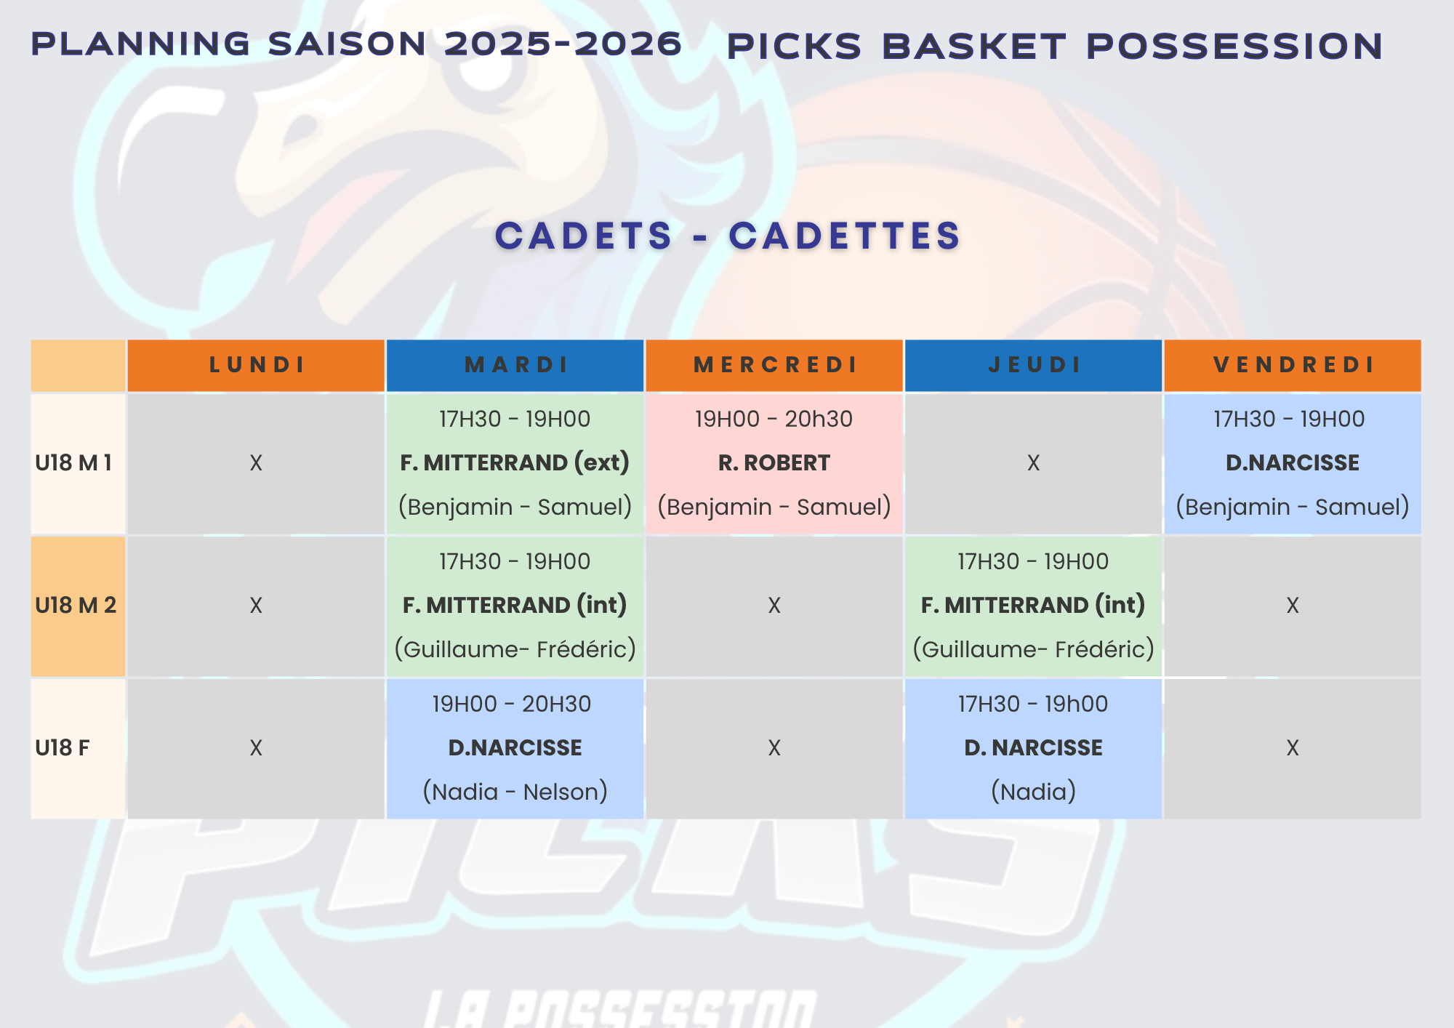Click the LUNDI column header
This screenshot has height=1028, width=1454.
tap(257, 365)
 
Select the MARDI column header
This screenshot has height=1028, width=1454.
tap(516, 365)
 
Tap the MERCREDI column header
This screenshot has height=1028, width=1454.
tap(775, 365)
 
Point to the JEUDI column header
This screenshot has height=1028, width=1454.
tap(1034, 365)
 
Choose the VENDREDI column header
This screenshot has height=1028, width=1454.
tap(1293, 365)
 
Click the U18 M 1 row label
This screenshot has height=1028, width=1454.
tap(73, 463)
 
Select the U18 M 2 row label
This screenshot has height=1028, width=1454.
tap(76, 606)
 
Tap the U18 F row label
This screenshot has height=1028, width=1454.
tap(63, 748)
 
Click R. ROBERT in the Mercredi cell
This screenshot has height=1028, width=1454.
tap(774, 463)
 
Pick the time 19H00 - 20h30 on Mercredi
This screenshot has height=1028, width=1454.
tap(774, 419)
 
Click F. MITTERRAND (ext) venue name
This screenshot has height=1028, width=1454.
tap(515, 463)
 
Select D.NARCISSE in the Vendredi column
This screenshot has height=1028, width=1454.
tap(1293, 463)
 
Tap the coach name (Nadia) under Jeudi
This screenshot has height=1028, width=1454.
tap(1034, 792)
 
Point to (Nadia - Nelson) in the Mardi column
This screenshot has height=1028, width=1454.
tap(515, 792)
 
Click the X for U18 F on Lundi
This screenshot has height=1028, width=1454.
tap(256, 748)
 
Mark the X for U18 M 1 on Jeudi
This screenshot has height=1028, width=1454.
tap(1034, 463)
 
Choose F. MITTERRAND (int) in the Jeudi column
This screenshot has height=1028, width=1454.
tap(1033, 606)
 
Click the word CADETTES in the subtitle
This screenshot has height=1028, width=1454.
tap(845, 236)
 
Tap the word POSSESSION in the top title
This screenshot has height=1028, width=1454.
tap(1234, 47)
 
